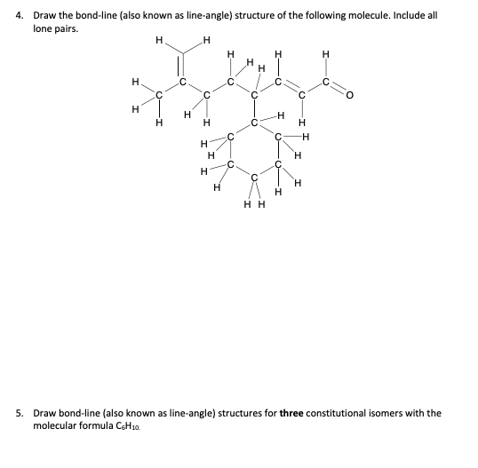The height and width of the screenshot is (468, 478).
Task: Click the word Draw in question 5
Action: pyautogui.click(x=39, y=414)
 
